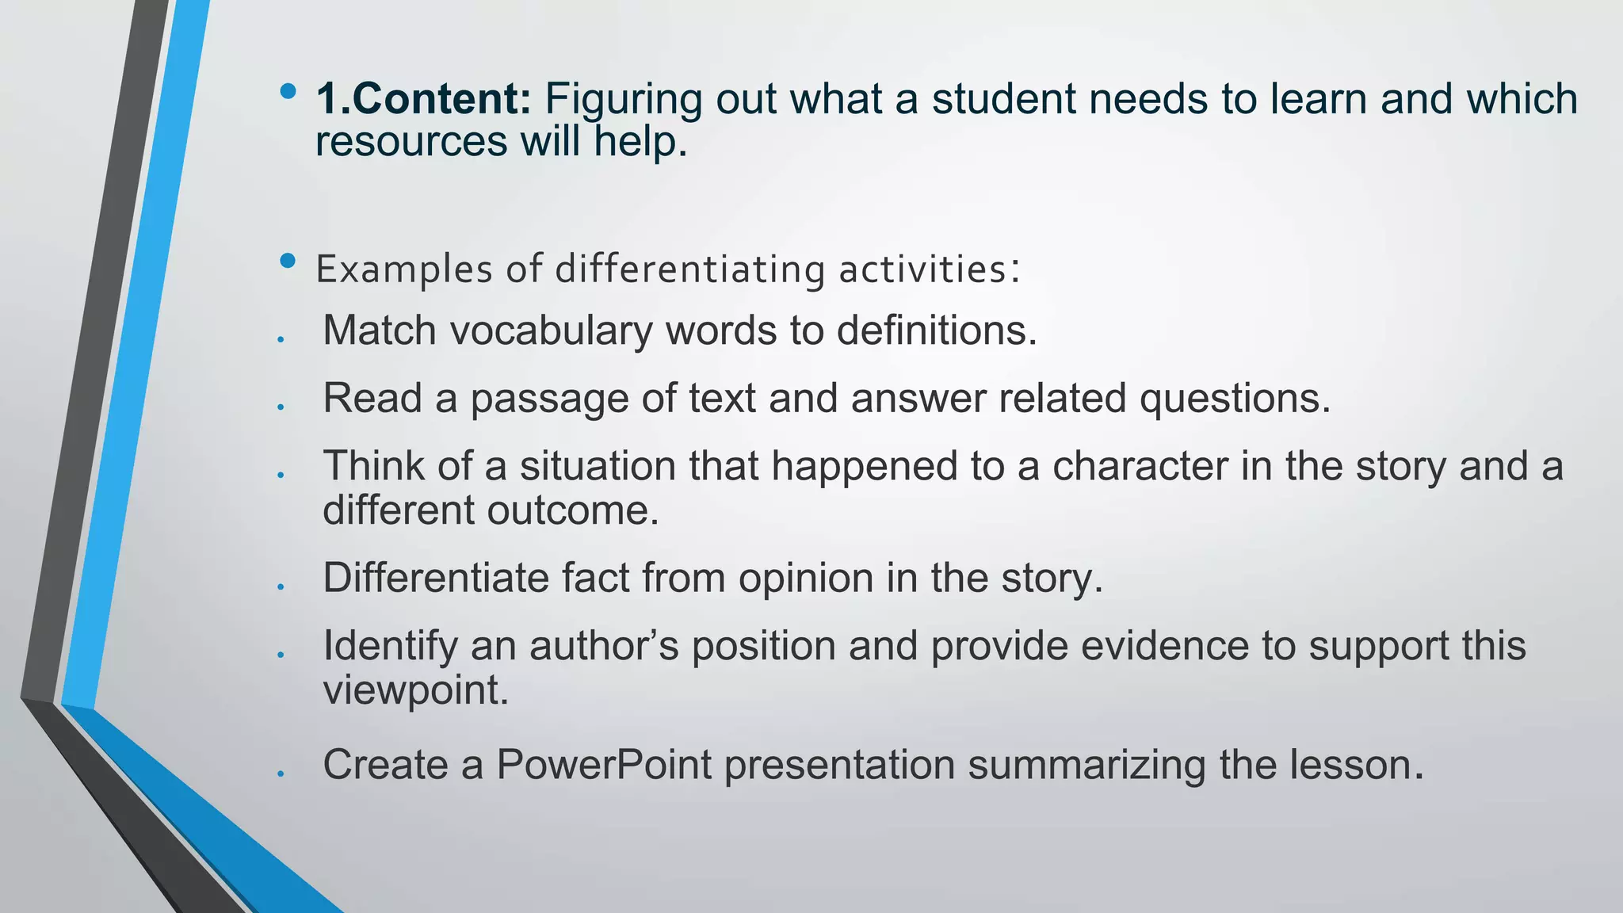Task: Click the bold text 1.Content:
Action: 423,99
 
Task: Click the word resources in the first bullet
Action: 411,142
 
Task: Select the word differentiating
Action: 690,269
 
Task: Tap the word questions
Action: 1235,399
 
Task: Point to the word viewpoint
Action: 415,690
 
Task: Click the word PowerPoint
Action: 604,766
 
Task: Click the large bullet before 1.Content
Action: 288,91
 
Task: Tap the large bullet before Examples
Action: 288,261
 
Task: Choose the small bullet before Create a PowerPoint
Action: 281,774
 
